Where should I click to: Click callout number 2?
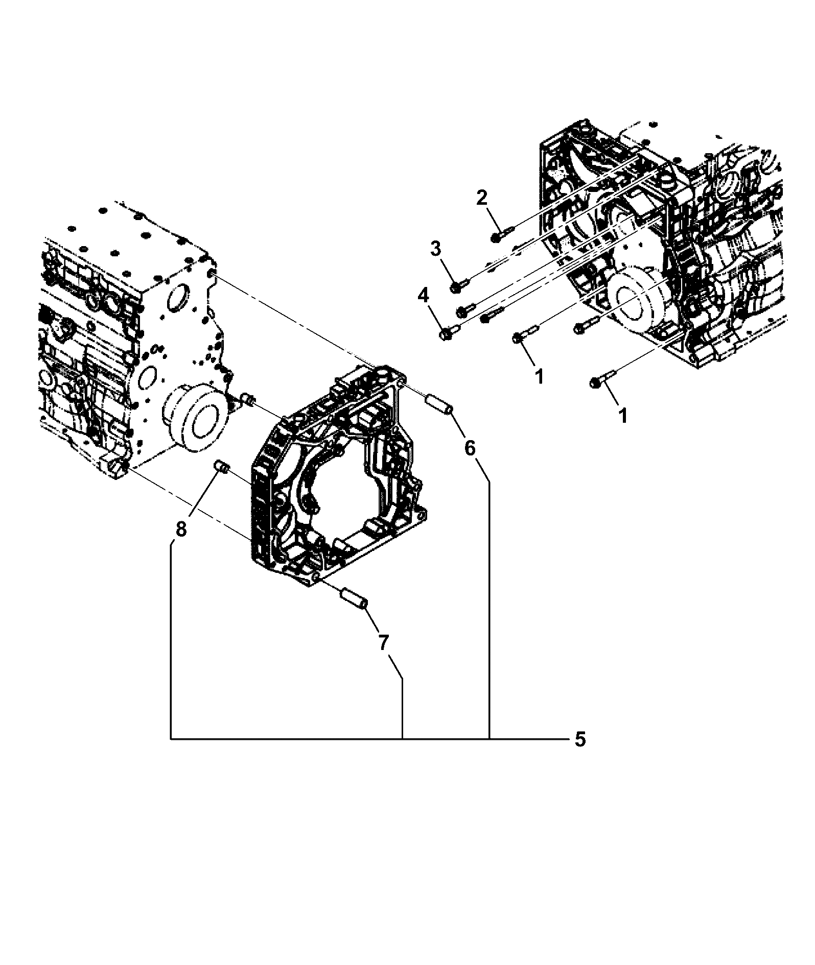click(482, 198)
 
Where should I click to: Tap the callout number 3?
click(435, 249)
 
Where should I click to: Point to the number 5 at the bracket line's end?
click(579, 740)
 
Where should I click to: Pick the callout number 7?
click(383, 642)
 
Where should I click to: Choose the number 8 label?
click(181, 529)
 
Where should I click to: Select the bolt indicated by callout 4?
click(449, 332)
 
